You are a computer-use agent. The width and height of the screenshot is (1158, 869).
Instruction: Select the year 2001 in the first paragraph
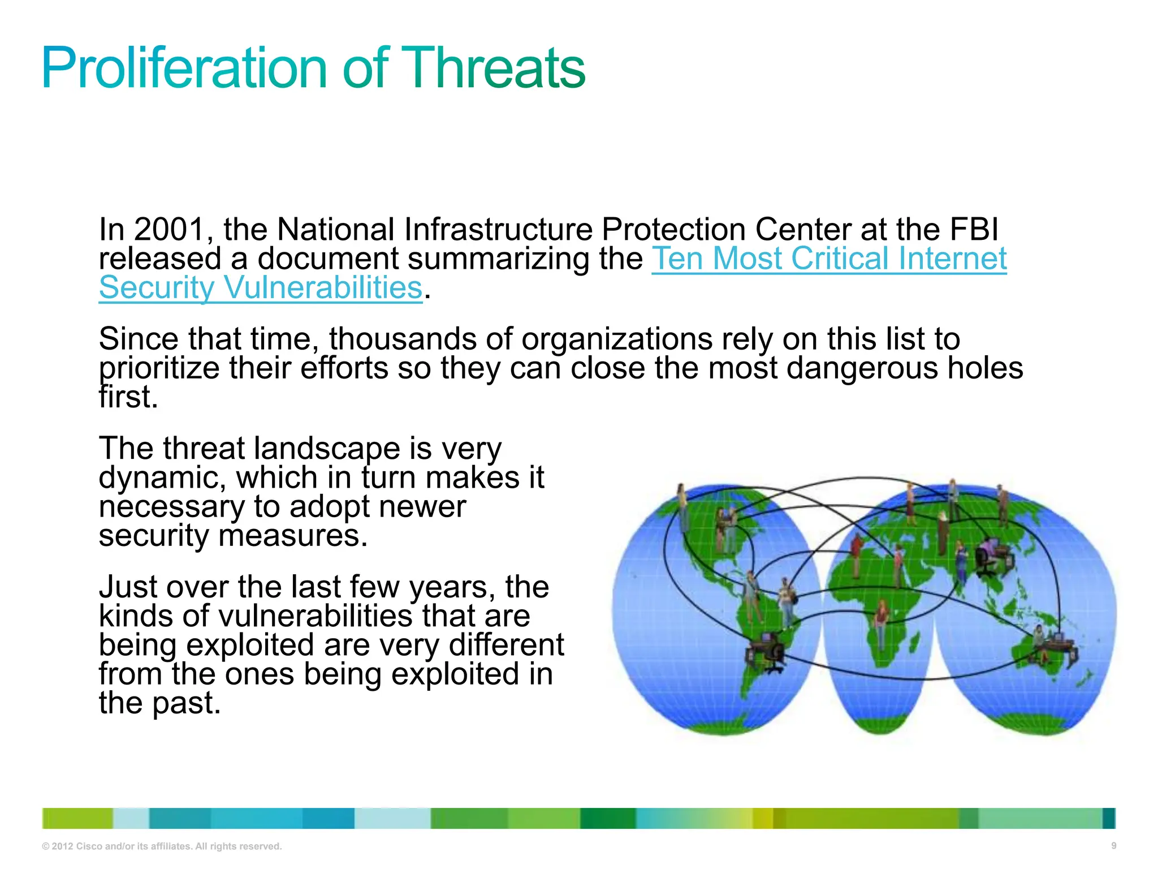coord(168,230)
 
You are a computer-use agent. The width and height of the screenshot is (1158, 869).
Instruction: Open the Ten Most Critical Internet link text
coord(828,259)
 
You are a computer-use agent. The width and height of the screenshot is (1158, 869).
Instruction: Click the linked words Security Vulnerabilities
coord(261,288)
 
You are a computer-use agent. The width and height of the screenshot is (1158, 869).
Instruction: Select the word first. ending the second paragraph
coord(128,397)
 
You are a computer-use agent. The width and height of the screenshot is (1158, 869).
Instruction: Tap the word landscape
coord(327,449)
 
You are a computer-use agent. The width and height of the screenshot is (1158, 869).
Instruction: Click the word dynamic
coord(162,478)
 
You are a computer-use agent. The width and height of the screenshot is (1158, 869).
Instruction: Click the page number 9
coord(1113,846)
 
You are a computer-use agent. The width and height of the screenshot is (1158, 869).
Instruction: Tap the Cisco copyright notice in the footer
coord(162,846)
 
